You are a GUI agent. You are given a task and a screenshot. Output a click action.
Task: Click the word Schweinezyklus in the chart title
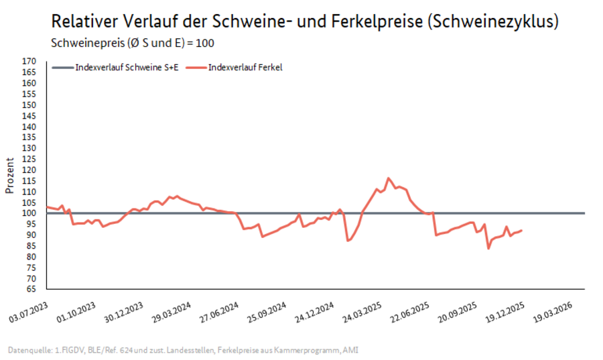point(494,21)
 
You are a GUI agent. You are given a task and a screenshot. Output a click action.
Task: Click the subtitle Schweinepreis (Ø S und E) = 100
point(133,43)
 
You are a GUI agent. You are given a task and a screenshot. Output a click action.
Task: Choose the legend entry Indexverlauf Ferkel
point(245,67)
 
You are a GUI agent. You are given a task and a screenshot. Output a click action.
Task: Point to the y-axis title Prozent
point(9,175)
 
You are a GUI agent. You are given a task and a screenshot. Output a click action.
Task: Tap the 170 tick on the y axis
point(29,61)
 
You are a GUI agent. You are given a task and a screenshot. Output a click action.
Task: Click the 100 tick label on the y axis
point(29,214)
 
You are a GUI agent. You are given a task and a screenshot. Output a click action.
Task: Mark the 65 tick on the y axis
point(31,290)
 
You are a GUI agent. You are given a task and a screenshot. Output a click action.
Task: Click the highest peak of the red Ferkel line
point(388,178)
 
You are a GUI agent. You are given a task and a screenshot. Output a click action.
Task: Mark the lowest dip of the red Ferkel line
point(488,248)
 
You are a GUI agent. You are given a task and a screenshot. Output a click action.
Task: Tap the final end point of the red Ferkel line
point(521,231)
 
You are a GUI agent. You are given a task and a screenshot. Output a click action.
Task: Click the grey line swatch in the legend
point(62,67)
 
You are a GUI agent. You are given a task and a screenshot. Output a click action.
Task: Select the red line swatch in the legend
point(195,67)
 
